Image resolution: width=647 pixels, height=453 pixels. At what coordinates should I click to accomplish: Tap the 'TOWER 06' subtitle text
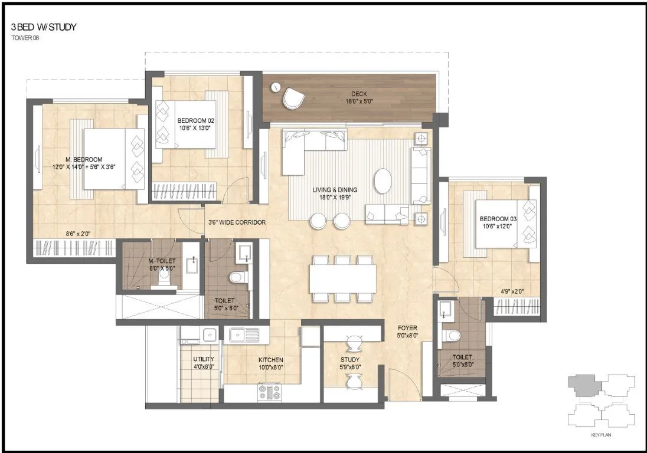(24, 38)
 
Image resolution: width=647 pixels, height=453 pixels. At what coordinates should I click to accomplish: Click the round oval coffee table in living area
(383, 180)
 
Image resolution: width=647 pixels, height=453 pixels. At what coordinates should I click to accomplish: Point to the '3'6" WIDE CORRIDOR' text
(236, 222)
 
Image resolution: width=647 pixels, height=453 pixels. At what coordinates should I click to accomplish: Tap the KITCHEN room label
(270, 360)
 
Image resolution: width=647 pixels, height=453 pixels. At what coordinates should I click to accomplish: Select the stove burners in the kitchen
(269, 392)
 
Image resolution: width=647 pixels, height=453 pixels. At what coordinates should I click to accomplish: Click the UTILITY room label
(204, 359)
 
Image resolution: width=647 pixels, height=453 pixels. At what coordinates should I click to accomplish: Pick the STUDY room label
(349, 360)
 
